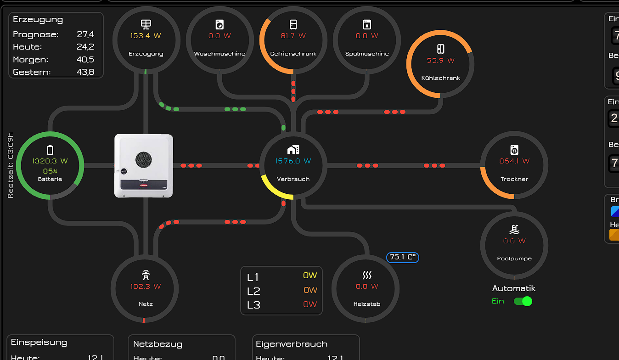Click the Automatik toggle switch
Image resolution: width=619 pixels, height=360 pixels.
[523, 301]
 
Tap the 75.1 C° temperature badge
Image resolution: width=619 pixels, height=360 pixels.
[402, 257]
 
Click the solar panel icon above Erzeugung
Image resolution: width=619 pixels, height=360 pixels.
[146, 24]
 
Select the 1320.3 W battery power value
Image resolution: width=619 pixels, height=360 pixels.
[50, 161]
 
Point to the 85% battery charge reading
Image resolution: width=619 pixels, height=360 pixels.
[50, 171]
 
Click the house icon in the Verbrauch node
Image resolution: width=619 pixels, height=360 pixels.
[293, 150]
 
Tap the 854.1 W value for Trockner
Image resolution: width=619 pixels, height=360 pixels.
[514, 161]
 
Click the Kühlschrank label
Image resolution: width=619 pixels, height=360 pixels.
[440, 78]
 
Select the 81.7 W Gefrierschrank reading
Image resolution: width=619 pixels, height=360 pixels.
[293, 36]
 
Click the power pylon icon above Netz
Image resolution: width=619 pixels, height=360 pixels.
[146, 275]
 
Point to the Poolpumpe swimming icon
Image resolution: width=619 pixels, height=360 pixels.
[514, 229]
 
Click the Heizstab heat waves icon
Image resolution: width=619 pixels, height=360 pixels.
[367, 275]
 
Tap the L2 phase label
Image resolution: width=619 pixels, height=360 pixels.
[253, 291]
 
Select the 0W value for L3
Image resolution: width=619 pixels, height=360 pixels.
[310, 304]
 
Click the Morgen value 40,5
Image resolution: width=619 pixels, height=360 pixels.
[85, 60]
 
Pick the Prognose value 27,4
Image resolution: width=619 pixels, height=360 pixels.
[85, 34]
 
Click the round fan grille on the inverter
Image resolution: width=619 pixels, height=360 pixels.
[143, 160]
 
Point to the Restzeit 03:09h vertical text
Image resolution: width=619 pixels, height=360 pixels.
[11, 165]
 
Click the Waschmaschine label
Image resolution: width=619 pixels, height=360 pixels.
[219, 54]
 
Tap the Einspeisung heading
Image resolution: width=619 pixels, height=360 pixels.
[39, 343]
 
